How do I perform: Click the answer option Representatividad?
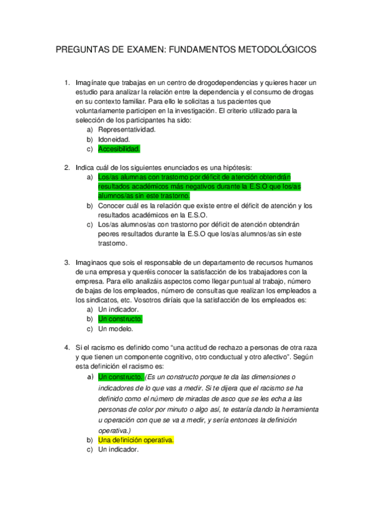(x=127, y=130)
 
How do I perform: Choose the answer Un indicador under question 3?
(x=118, y=310)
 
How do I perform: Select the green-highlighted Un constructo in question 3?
(x=120, y=319)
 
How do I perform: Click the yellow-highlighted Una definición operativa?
(x=135, y=440)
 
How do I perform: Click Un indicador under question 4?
(x=118, y=450)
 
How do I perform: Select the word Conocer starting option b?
(x=112, y=205)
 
